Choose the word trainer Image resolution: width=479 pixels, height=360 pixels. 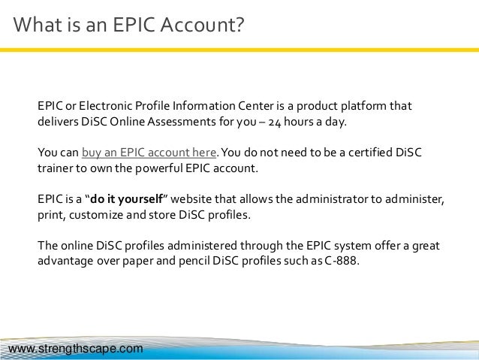tap(56, 169)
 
